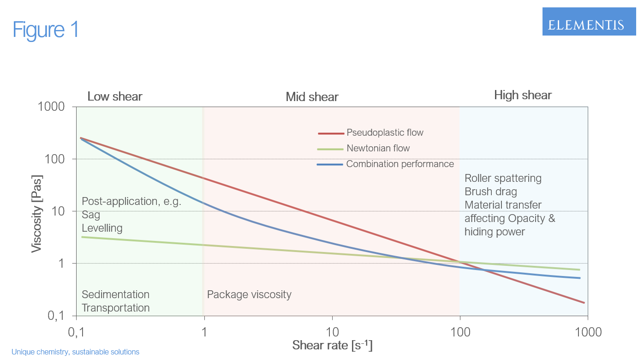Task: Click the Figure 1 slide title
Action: pyautogui.click(x=46, y=30)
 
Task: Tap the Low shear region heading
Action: pyautogui.click(x=115, y=96)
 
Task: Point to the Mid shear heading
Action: pyautogui.click(x=312, y=97)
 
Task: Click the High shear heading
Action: pyautogui.click(x=523, y=96)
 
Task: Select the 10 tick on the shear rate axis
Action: pyautogui.click(x=332, y=332)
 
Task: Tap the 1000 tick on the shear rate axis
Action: pyautogui.click(x=587, y=332)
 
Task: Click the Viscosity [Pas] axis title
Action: pyautogui.click(x=36, y=213)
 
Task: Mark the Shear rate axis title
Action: pyautogui.click(x=332, y=345)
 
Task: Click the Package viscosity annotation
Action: pyautogui.click(x=249, y=294)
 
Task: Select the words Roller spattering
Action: pyautogui.click(x=503, y=178)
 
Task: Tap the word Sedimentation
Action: pyautogui.click(x=115, y=294)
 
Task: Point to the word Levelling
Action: pyautogui.click(x=102, y=228)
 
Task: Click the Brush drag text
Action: pyautogui.click(x=490, y=192)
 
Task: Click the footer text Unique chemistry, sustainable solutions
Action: pyautogui.click(x=75, y=352)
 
